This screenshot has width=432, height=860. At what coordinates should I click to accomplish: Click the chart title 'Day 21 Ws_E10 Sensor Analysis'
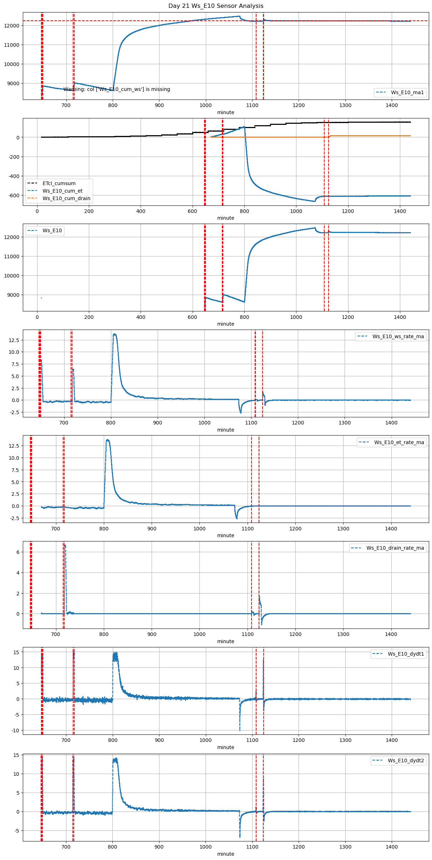pyautogui.click(x=216, y=6)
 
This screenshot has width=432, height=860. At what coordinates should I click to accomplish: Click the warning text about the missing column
pyautogui.click(x=117, y=90)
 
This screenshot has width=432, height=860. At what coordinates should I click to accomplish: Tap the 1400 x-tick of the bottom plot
pyautogui.click(x=392, y=847)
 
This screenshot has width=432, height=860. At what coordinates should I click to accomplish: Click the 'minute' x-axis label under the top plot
pyautogui.click(x=226, y=113)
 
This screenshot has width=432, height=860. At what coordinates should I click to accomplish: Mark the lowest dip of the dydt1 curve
pyautogui.click(x=240, y=730)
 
